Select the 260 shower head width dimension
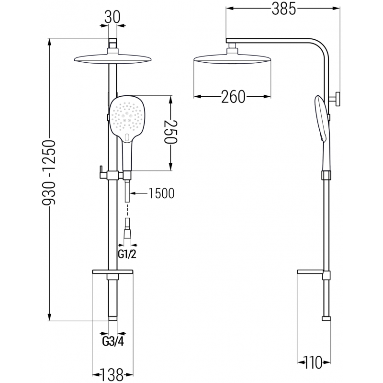click(233, 97)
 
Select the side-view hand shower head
click(320, 117)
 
